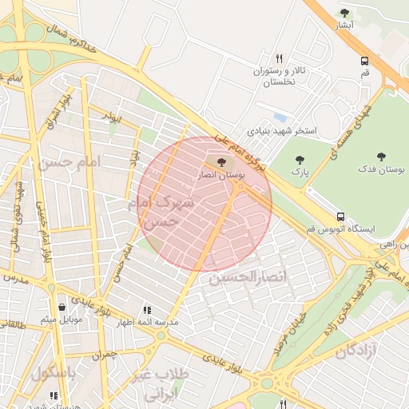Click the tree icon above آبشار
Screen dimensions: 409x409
[x=344, y=13]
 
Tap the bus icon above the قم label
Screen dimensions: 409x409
[x=365, y=61]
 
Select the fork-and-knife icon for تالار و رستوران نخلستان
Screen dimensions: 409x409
[x=279, y=58]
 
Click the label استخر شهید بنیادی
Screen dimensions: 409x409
[x=282, y=129]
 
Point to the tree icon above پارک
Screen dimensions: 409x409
[x=300, y=160]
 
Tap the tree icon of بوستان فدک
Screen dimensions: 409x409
[x=381, y=157]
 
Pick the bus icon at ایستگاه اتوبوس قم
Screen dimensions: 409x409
[x=341, y=216]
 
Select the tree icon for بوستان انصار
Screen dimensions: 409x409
[x=221, y=163]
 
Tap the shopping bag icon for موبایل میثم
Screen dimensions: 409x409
[x=62, y=307]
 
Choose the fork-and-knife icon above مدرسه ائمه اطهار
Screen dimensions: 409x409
[x=146, y=310]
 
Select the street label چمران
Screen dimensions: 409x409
[x=104, y=353]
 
